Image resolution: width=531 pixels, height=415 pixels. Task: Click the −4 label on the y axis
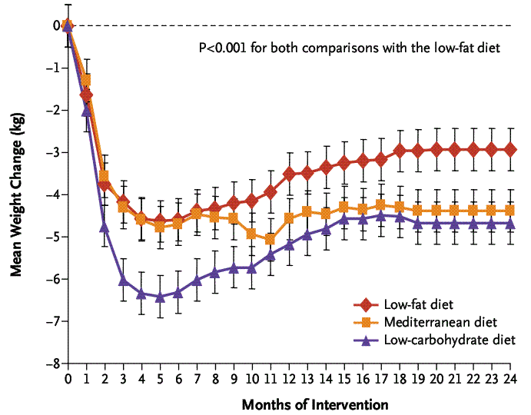tap(55, 194)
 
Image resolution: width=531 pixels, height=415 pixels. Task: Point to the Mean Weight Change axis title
tap(17, 194)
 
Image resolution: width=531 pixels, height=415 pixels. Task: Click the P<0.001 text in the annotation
tap(224, 48)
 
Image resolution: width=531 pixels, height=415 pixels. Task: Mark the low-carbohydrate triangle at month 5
tap(160, 297)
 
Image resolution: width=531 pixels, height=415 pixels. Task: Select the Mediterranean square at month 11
tap(270, 239)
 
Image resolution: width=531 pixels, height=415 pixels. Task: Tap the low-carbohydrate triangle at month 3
tap(123, 280)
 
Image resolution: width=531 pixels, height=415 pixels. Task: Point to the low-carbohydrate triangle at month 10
tap(252, 267)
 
